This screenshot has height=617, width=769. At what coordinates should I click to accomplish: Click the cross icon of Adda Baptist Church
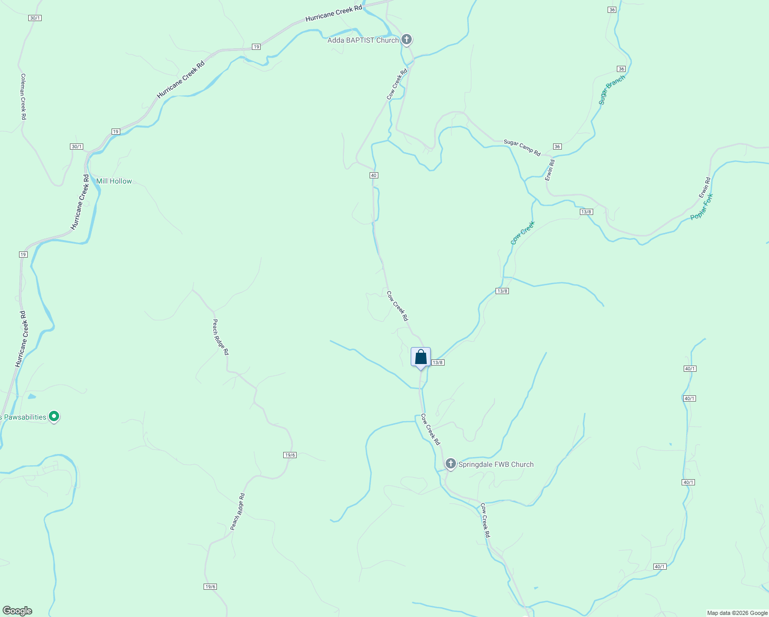tap(407, 39)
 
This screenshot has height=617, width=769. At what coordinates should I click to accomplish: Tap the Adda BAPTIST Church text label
tap(363, 40)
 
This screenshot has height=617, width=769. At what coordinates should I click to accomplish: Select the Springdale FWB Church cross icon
tap(450, 464)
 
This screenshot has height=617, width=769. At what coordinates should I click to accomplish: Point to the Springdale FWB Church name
tap(496, 464)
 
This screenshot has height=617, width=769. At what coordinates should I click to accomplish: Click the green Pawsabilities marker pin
tap(54, 416)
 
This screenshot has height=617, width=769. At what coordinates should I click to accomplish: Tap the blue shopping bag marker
tap(420, 357)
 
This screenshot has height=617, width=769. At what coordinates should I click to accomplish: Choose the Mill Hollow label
tap(114, 181)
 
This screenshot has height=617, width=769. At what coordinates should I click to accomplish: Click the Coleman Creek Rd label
tap(23, 97)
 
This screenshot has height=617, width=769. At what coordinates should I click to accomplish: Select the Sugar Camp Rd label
tap(522, 148)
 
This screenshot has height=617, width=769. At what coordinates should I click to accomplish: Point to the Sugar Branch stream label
tap(612, 90)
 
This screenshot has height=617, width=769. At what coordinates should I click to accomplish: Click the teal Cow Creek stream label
tap(523, 232)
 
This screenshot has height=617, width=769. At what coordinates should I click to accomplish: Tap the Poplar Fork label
tap(702, 207)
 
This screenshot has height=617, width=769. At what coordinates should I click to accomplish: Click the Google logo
tap(17, 611)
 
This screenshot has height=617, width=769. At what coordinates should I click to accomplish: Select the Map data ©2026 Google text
tap(737, 613)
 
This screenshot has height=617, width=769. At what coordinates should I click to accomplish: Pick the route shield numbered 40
tap(374, 175)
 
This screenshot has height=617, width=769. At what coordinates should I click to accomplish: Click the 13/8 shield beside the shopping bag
tap(437, 362)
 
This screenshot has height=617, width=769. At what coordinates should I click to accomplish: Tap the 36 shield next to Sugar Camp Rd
tap(557, 147)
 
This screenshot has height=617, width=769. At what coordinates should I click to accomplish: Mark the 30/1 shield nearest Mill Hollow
tap(77, 147)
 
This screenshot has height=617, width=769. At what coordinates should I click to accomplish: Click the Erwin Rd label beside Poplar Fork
tap(704, 188)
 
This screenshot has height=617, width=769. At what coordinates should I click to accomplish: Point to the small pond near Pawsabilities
tap(32, 396)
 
